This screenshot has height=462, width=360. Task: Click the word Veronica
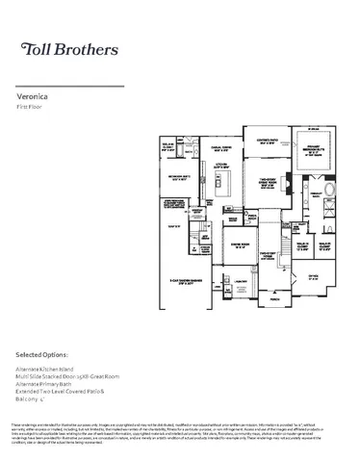click(34, 97)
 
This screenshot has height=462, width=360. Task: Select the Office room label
click(314, 274)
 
